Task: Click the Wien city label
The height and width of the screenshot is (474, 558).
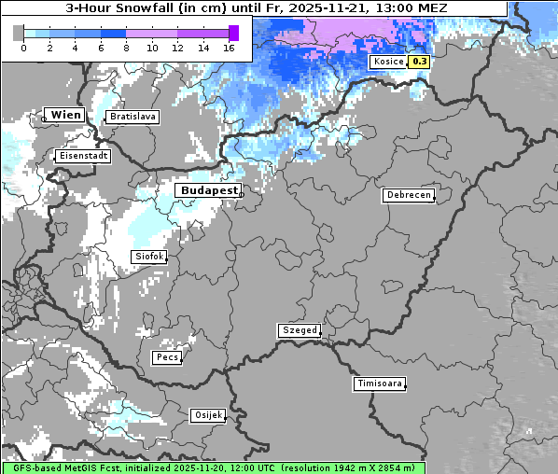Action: click(x=66, y=115)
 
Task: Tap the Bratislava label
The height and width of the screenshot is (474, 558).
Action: click(x=133, y=117)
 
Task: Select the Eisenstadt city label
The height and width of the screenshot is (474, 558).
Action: click(x=84, y=157)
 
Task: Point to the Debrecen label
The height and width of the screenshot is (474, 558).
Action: click(x=408, y=195)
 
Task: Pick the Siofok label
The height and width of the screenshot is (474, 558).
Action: click(x=148, y=257)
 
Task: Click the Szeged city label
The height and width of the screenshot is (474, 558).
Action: click(x=300, y=330)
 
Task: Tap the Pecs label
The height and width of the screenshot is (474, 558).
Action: click(x=167, y=357)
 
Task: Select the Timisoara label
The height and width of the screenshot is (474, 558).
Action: click(x=380, y=383)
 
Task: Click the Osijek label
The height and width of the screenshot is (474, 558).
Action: click(x=207, y=415)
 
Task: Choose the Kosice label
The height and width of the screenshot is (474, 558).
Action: click(x=387, y=62)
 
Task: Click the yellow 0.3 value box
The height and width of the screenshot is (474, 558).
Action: click(x=420, y=62)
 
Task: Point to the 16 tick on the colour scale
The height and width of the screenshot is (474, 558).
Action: click(x=229, y=48)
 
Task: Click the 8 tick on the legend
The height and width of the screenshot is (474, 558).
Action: click(x=126, y=48)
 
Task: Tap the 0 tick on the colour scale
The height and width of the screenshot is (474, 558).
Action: click(x=23, y=48)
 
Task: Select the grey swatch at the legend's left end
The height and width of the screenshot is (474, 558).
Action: click(x=18, y=33)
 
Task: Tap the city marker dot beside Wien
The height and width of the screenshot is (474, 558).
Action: click(x=44, y=118)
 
